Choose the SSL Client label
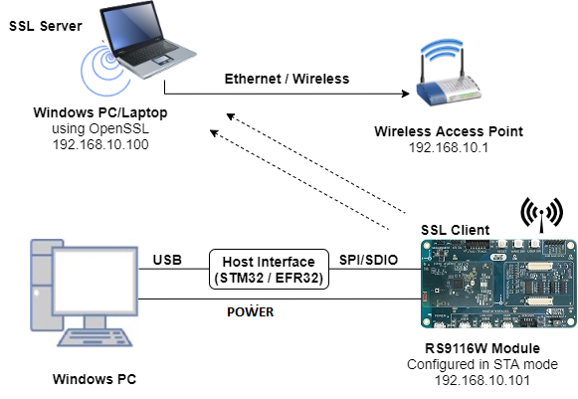pos(456,230)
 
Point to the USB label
pos(166,261)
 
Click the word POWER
pos(250,311)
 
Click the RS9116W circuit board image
pos(491,285)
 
